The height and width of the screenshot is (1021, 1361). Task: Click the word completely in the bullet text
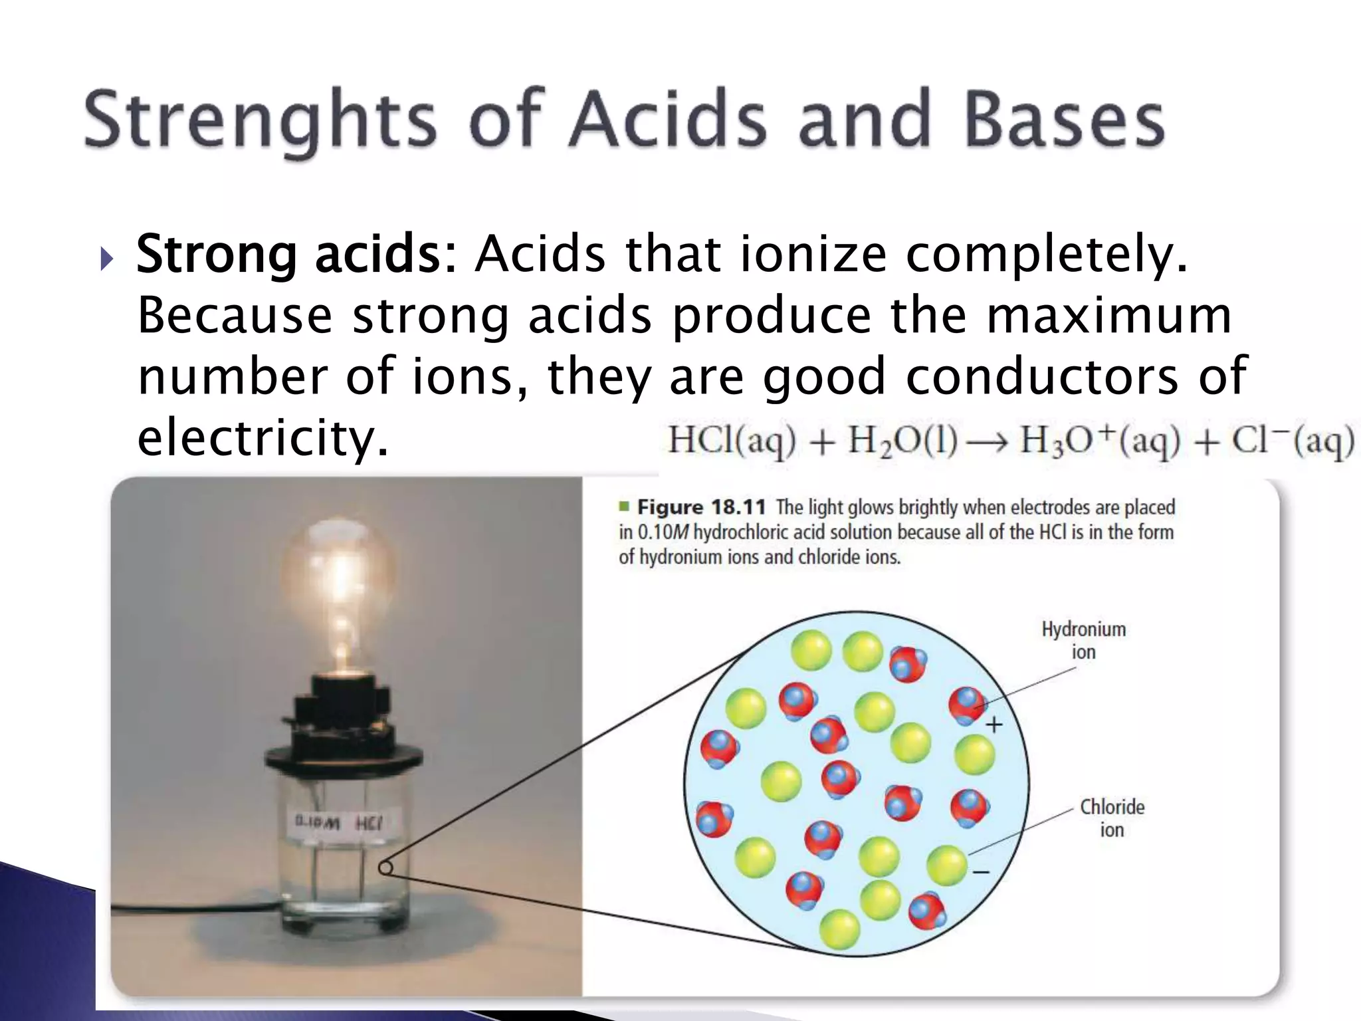click(1046, 255)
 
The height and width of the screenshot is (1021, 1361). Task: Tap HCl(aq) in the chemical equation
click(731, 441)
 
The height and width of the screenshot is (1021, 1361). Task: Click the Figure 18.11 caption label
click(701, 508)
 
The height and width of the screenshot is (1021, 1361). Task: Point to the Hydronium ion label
click(1083, 640)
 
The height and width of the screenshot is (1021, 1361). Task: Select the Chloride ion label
click(1112, 818)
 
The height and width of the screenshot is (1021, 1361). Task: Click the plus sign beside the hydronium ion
click(994, 725)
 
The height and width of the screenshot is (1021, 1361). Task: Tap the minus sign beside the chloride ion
click(982, 871)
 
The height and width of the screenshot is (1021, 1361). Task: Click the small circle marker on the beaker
click(385, 868)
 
